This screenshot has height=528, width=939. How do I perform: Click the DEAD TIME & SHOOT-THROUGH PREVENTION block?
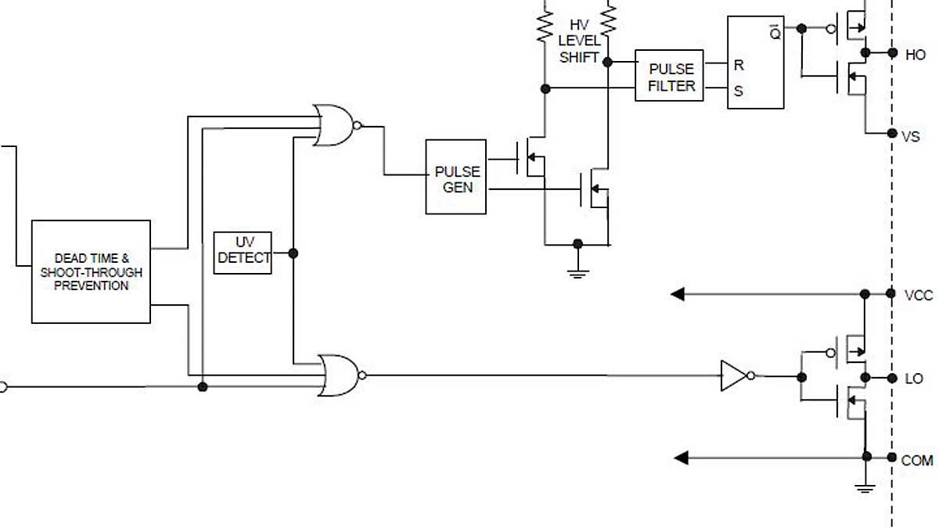point(91,271)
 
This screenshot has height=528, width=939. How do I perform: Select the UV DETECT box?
point(243,252)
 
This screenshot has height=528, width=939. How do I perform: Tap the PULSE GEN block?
point(455,178)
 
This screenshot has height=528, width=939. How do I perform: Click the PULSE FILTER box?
point(669,76)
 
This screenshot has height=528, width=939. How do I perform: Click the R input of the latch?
point(738,66)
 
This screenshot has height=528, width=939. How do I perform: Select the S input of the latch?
point(738,91)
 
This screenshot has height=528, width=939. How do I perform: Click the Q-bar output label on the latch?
point(774,33)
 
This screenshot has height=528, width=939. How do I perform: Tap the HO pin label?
point(915,55)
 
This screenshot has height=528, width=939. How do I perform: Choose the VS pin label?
point(911,136)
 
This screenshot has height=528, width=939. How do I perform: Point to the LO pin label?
point(913,379)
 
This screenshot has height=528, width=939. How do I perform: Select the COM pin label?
point(916,461)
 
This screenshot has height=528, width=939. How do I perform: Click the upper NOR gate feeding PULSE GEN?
point(333,125)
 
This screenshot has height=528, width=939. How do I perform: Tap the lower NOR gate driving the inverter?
point(339,375)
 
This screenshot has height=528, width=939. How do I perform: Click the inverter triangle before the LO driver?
point(733,376)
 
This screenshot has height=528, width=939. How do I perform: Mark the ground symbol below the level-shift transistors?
point(577,271)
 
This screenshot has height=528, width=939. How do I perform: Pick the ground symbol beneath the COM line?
point(865,488)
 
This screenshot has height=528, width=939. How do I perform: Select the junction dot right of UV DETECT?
point(293,253)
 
